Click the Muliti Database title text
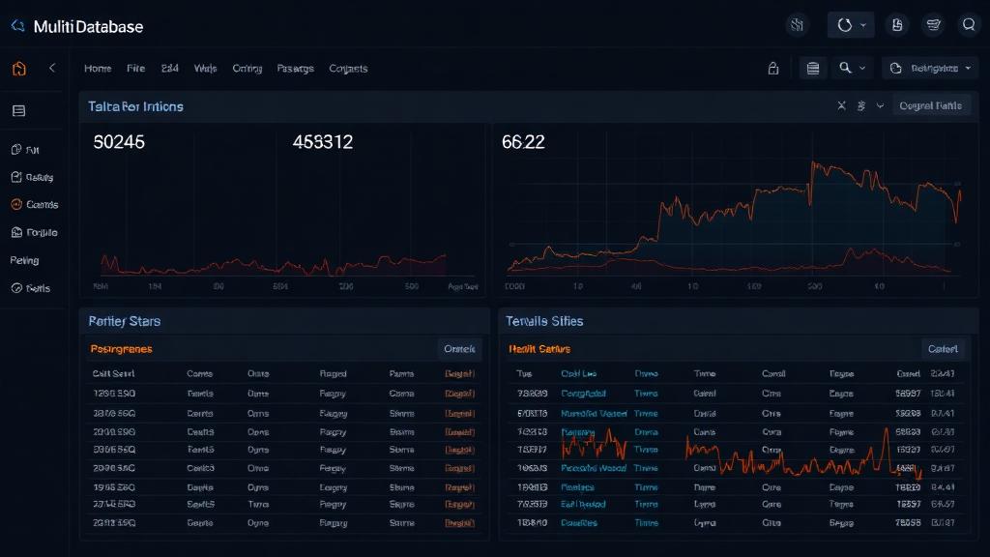coord(88,27)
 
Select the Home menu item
coord(98,69)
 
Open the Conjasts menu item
coord(348,69)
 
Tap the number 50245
coord(119,142)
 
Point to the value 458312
coord(322,142)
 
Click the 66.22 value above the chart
coord(523,142)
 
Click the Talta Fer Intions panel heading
coord(135,106)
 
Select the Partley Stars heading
coord(124,320)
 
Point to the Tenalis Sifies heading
coord(544,320)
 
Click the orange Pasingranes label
coord(121,349)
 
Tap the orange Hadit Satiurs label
coord(539,349)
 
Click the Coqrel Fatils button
coord(930,106)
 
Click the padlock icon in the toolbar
coord(772,69)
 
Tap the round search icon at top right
coord(969,25)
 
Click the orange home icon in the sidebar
coord(19,69)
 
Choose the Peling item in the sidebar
coord(25,260)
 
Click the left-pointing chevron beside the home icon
coord(52,68)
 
